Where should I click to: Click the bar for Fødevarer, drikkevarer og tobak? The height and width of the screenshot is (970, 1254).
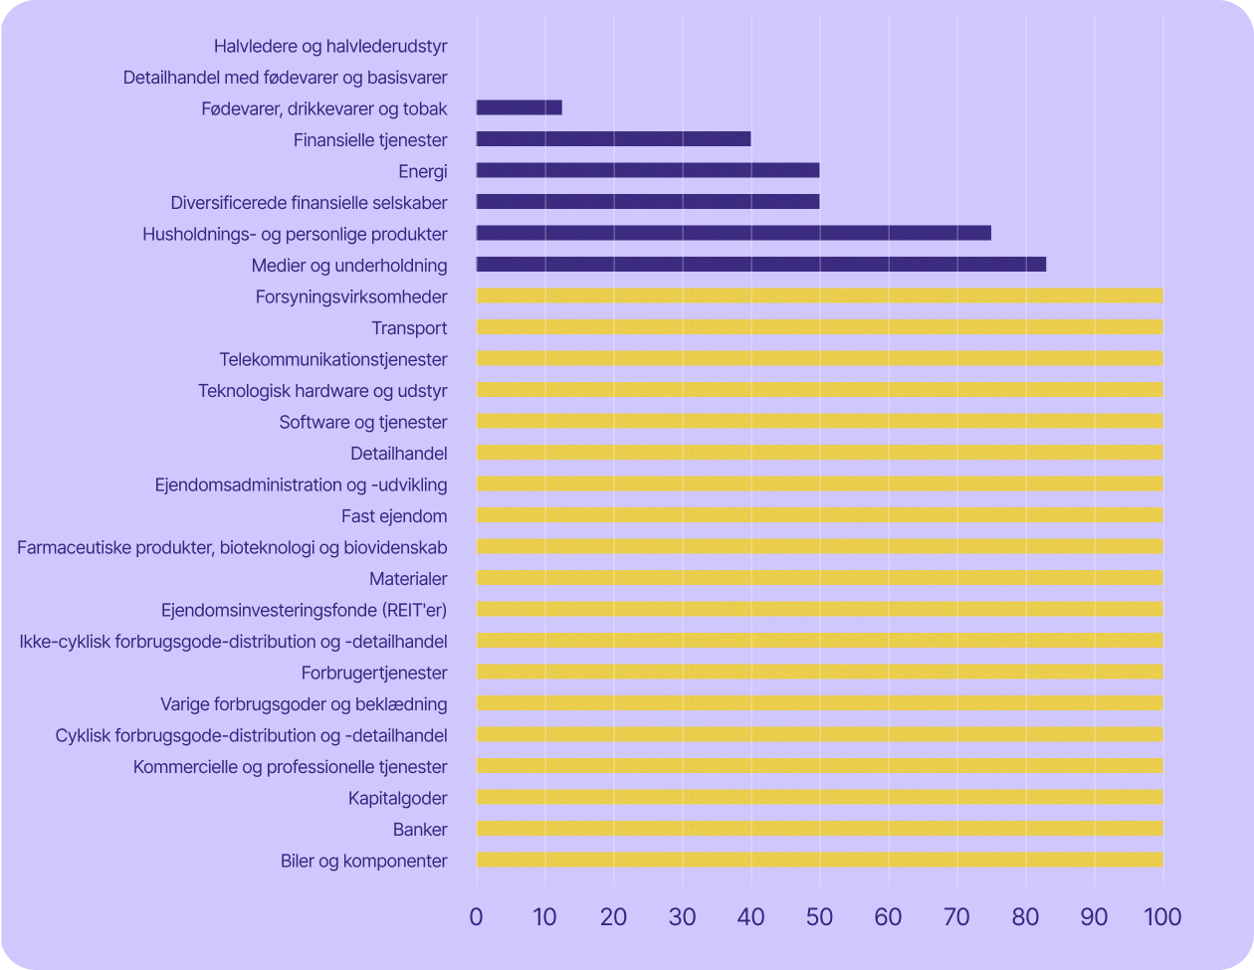(x=519, y=107)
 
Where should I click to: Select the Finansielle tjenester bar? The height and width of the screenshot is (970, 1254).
(x=613, y=139)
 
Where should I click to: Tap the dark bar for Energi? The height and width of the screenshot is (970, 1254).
(x=648, y=170)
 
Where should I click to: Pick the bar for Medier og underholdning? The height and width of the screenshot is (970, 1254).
(x=761, y=265)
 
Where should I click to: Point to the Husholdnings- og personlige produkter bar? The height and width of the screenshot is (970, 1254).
(x=733, y=233)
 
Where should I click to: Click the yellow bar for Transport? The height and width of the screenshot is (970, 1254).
(x=819, y=327)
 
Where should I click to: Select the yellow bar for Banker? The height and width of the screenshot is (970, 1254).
(x=819, y=829)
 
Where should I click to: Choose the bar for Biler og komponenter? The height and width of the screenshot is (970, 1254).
(x=819, y=861)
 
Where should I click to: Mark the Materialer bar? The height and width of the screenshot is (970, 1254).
(x=819, y=578)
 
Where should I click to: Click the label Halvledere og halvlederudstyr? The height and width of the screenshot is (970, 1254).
(x=330, y=46)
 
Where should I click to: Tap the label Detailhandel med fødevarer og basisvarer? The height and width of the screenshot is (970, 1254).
(x=286, y=77)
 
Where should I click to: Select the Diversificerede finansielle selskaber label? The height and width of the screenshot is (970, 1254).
(x=309, y=203)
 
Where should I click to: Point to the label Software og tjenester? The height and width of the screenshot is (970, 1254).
(x=363, y=422)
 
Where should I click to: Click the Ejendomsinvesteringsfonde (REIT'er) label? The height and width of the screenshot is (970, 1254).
(x=304, y=610)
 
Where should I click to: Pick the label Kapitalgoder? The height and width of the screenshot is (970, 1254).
(x=397, y=798)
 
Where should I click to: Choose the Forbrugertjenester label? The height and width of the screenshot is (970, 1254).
(x=374, y=673)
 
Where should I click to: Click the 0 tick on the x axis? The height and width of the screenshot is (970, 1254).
(x=477, y=916)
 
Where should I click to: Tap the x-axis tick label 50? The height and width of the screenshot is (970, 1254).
(x=819, y=916)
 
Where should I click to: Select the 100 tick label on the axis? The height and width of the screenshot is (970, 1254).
(x=1160, y=916)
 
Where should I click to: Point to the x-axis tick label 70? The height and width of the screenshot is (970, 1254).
(x=956, y=916)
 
